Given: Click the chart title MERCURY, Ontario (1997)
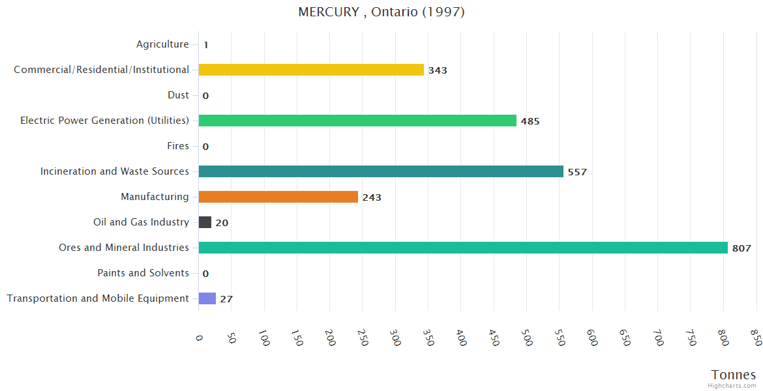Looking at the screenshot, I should pos(381,12).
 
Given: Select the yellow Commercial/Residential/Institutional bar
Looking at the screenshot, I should pos(311,70).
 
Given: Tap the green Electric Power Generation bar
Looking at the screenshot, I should pos(357,121).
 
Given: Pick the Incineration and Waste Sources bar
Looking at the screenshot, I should pos(381,171).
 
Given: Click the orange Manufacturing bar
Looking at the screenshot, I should pos(278,197).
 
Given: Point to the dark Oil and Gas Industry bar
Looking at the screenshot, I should pos(205,222).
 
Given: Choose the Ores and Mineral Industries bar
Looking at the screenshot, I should pos(463,248).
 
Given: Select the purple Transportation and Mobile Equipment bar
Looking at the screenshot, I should pos(207,298).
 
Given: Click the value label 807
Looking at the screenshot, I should pos(741,248).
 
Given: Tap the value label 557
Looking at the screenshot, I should pos(577,172).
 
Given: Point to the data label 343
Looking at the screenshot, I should pos(438,70).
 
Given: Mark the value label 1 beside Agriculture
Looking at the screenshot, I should pos(205,45).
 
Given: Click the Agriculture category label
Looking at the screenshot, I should pos(162,44).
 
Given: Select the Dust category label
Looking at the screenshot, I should pos(178,95).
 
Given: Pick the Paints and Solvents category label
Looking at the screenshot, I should pos(143,273).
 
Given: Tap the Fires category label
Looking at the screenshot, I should pos(177,146).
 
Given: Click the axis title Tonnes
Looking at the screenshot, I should pos(733,375).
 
